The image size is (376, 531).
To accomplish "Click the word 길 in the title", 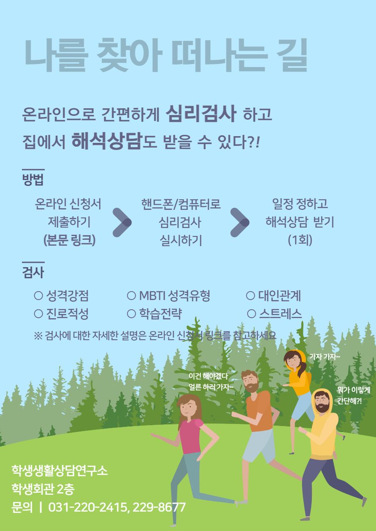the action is (x=292, y=55).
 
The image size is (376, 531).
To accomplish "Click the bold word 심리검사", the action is (x=201, y=114).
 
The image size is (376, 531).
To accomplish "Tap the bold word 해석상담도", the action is (x=114, y=141).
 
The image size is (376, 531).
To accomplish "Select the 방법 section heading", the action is (x=33, y=180).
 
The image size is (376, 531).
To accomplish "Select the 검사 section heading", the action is (x=33, y=272).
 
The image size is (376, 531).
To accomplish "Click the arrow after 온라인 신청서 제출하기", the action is (x=122, y=223).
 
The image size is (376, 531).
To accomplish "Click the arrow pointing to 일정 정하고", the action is (x=240, y=223).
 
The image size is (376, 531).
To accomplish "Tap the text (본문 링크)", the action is (x=69, y=240).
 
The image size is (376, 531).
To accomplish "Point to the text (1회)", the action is (x=300, y=240).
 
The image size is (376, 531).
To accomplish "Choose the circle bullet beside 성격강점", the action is (x=38, y=295).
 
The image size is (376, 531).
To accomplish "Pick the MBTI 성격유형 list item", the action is (x=174, y=295).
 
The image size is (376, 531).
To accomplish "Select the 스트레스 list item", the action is (x=280, y=314).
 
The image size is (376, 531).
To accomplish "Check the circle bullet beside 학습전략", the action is (x=131, y=314).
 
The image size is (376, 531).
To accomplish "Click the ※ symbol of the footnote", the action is (x=38, y=336).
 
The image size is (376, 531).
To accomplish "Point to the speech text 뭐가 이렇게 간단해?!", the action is (x=354, y=395).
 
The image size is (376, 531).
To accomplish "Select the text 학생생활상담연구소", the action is (x=60, y=471).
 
